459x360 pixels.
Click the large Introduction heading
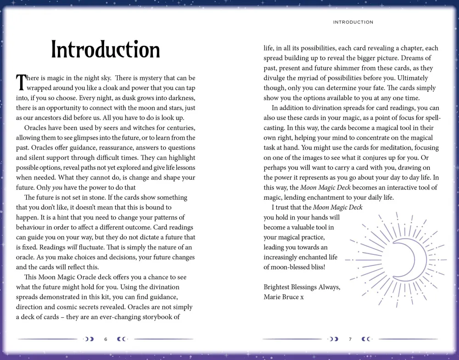pos(105,50)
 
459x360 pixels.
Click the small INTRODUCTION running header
pos(353,22)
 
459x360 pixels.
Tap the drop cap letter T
pos(21,83)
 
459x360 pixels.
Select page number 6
pos(106,339)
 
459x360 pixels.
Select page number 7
pos(350,339)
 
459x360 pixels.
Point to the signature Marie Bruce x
pos(283,297)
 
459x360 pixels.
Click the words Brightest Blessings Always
pos(302,287)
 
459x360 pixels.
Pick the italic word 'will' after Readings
pos(67,247)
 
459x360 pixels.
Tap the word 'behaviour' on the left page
pos(32,227)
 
